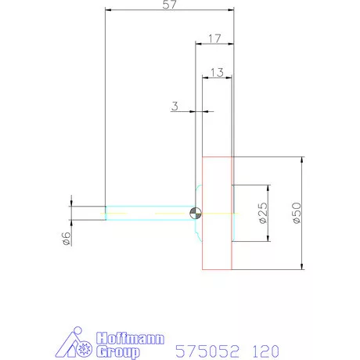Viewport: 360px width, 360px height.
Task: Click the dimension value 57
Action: coord(170,5)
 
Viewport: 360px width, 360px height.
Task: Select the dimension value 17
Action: coord(214,39)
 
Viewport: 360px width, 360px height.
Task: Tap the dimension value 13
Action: coord(217,73)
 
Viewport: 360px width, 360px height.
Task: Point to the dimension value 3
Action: coord(175,106)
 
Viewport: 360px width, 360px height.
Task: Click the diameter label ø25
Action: coord(264,213)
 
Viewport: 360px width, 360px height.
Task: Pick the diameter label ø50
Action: coord(297,213)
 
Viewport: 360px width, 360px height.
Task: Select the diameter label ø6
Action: coord(67,239)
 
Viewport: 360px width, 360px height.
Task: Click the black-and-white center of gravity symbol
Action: coord(196,214)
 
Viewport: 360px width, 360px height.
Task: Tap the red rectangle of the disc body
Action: coord(202,213)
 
